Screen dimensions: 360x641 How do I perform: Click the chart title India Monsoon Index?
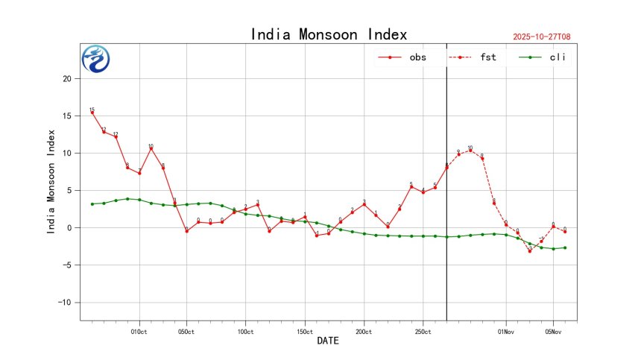[329, 34]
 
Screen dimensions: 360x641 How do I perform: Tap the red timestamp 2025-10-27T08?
[547, 37]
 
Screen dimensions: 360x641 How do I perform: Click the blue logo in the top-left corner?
[95, 59]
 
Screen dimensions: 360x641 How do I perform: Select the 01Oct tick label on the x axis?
[139, 331]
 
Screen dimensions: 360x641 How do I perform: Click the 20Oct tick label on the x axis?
[364, 331]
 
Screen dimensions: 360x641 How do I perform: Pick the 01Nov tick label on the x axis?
[505, 331]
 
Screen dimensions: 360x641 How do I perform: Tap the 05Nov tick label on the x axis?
[553, 331]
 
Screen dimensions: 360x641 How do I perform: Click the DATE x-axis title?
[328, 341]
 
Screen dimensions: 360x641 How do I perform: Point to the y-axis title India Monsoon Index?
[51, 182]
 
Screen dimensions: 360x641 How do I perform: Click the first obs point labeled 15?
[92, 113]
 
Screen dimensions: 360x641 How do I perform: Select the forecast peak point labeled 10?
[470, 151]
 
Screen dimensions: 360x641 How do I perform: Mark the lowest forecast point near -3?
[529, 250]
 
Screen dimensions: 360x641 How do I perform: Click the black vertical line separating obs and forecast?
[446, 224]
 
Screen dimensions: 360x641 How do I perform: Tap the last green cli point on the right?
[565, 247]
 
